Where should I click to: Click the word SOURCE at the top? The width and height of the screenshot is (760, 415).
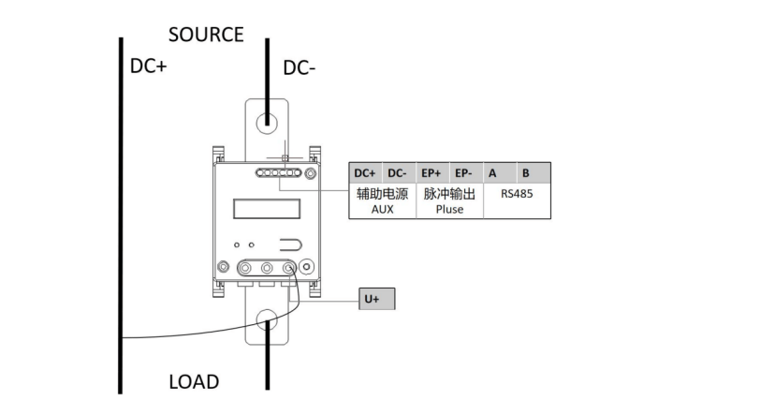(206, 35)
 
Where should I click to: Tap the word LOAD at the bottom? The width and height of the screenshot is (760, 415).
(194, 382)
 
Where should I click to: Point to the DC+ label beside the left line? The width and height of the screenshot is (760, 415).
(149, 67)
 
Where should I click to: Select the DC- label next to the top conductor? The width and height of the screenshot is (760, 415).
(303, 67)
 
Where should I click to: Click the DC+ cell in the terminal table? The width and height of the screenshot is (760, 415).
(366, 173)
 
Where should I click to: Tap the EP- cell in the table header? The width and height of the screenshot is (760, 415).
(464, 173)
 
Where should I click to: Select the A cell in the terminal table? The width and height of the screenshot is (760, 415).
(492, 173)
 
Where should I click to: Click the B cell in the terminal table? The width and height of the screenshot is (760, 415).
(527, 173)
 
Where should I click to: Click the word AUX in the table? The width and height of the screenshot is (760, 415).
(382, 210)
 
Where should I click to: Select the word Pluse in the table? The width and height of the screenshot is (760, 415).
(449, 210)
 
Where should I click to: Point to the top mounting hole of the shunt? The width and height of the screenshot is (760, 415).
(267, 122)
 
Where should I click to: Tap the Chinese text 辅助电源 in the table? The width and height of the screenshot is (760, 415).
(382, 194)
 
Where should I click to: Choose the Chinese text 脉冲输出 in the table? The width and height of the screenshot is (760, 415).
(449, 194)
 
